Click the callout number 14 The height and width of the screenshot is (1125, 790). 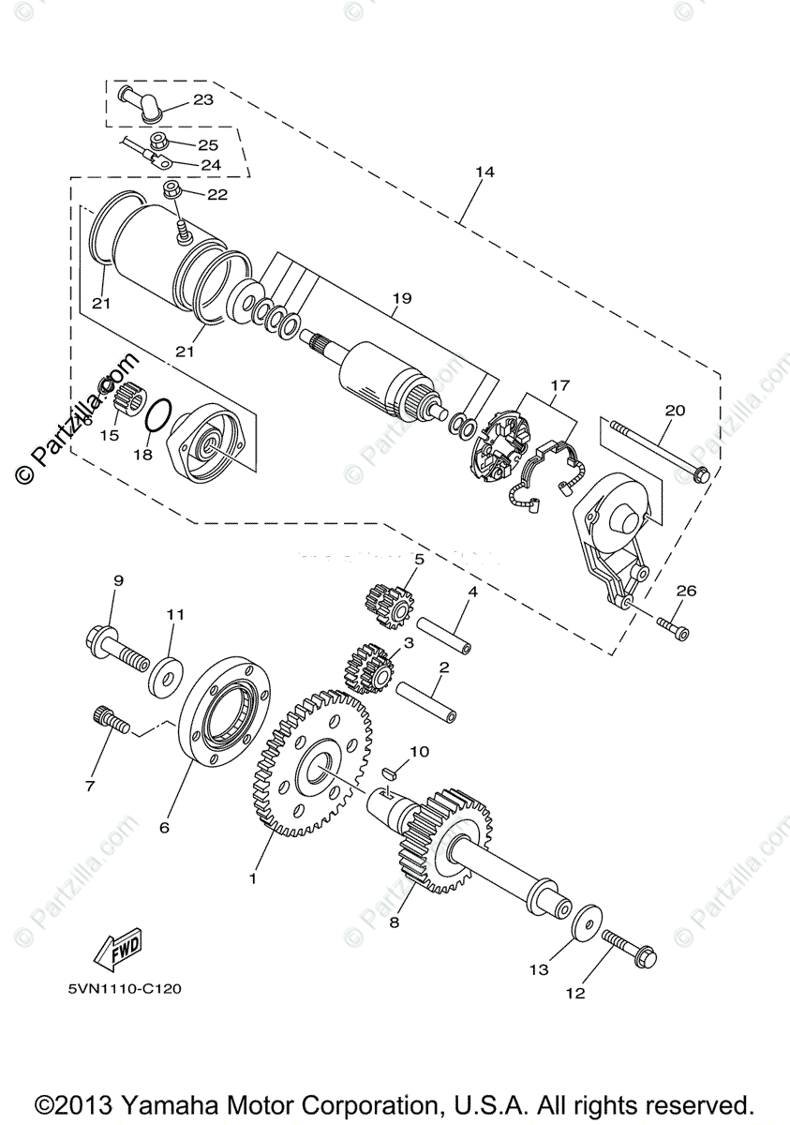click(484, 172)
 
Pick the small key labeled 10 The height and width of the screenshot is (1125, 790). click(393, 772)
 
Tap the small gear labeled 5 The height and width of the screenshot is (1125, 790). click(388, 603)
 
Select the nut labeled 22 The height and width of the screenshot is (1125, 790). click(171, 191)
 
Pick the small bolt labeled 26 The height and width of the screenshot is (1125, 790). click(673, 626)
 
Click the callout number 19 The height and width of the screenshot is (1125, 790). click(402, 300)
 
